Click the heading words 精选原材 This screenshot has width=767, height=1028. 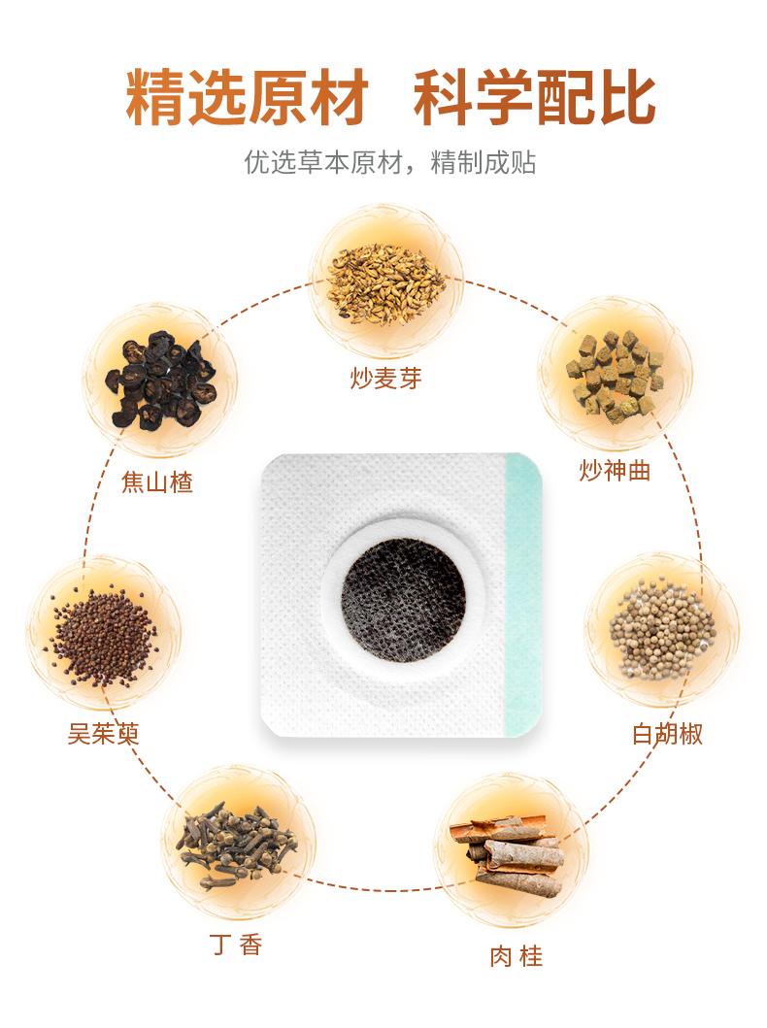(x=248, y=98)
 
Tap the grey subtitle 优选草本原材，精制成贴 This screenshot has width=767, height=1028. (x=389, y=162)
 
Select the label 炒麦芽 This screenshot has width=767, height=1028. (x=385, y=379)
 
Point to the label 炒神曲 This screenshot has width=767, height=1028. (x=615, y=471)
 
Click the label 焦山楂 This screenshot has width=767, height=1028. (x=157, y=482)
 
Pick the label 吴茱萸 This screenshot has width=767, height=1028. (x=103, y=733)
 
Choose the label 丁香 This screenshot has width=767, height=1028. (x=236, y=945)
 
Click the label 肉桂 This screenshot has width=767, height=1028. (x=516, y=956)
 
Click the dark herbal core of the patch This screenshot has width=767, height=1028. (x=402, y=593)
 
